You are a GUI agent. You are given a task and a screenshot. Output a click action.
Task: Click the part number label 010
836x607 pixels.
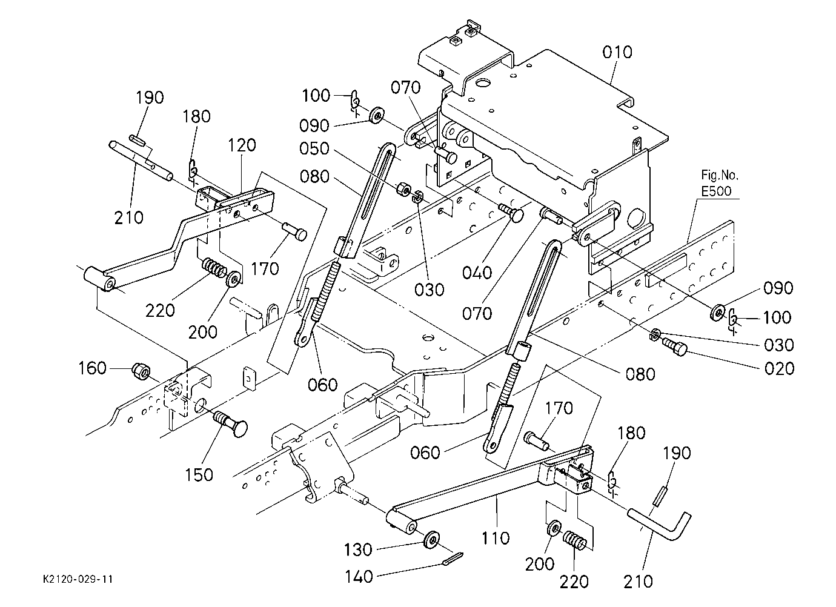pyautogui.click(x=617, y=52)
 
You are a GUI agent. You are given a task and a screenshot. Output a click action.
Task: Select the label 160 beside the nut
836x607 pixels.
pyautogui.click(x=92, y=368)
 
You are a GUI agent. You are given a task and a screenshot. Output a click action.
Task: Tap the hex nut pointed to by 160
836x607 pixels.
pyautogui.click(x=141, y=371)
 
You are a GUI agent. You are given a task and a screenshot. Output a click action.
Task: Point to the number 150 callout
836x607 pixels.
pyautogui.click(x=199, y=475)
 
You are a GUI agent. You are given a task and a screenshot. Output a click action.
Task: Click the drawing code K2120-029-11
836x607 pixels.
pyautogui.click(x=78, y=579)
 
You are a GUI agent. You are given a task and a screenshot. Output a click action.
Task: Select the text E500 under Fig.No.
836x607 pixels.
pyautogui.click(x=716, y=191)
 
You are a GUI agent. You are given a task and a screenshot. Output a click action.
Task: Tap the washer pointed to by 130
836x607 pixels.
pyautogui.click(x=431, y=539)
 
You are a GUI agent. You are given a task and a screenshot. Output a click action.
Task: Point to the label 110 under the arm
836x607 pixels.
pyautogui.click(x=496, y=538)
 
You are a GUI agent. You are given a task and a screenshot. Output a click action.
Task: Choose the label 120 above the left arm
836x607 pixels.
pyautogui.click(x=242, y=145)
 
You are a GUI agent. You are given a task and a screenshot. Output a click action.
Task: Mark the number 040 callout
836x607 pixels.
pyautogui.click(x=477, y=273)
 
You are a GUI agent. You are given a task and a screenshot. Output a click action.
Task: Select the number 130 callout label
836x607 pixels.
pyautogui.click(x=358, y=549)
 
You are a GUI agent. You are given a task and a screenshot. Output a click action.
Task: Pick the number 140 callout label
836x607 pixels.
pyautogui.click(x=358, y=577)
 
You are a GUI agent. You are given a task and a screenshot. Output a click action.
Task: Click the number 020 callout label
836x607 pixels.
pyautogui.click(x=779, y=368)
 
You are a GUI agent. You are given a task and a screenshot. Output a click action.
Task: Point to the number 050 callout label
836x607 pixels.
pyautogui.click(x=314, y=148)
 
